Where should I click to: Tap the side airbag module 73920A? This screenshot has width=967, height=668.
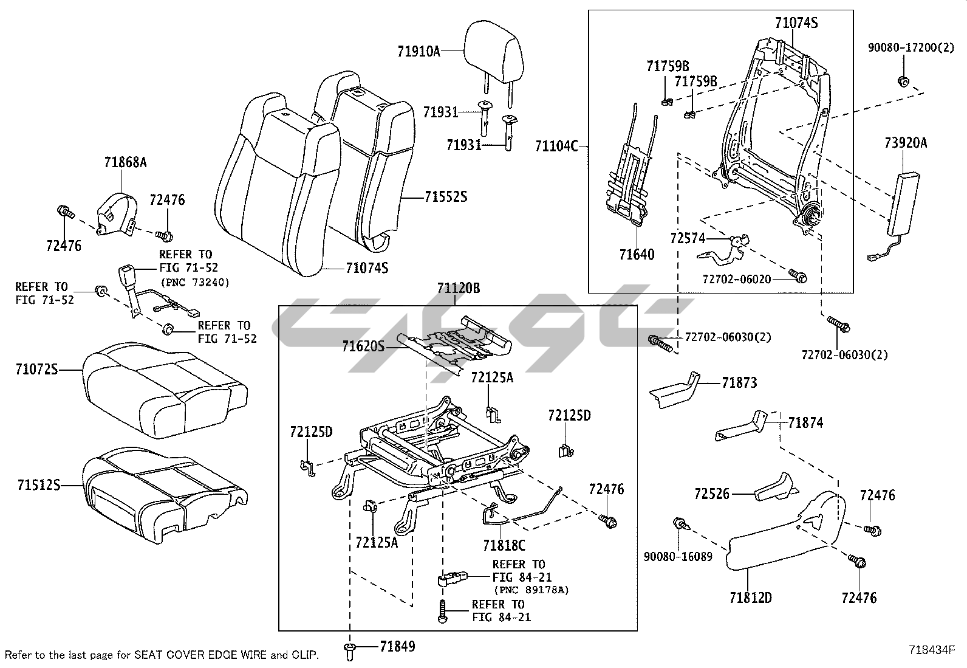tap(901, 203)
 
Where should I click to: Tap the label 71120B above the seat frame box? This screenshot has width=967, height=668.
tap(459, 289)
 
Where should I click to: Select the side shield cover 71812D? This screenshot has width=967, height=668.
tap(784, 535)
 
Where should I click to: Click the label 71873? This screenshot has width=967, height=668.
tap(739, 383)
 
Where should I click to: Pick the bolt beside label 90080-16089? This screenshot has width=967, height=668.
tap(680, 524)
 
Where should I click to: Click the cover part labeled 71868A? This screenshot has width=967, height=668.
tap(115, 213)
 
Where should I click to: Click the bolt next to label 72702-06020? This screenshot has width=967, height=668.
tap(799, 277)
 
